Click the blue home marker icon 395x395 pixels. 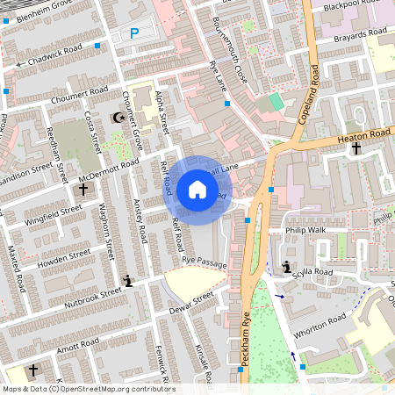197,190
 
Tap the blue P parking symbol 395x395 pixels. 134,33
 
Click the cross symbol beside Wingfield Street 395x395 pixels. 83,189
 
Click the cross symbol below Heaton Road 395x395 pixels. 356,148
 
